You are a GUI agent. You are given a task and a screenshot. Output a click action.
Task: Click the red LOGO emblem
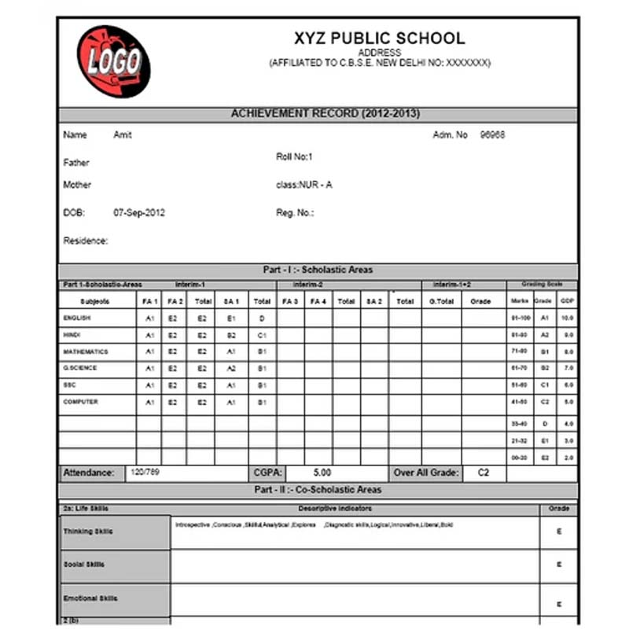click(113, 61)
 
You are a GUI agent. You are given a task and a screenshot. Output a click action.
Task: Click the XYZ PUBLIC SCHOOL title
click(379, 38)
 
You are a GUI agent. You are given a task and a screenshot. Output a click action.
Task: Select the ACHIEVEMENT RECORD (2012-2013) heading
click(325, 114)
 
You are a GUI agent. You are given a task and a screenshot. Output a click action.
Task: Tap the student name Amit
click(123, 135)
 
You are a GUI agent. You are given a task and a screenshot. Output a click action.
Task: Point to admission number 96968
click(492, 135)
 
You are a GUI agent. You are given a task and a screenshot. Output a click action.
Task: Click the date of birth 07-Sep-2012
click(139, 212)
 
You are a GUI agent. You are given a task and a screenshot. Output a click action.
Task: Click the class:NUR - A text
click(303, 185)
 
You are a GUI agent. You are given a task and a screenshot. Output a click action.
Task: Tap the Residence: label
click(86, 241)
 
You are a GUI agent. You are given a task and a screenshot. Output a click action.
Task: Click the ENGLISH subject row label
click(77, 318)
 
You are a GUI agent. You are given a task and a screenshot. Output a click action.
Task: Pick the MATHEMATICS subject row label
click(86, 351)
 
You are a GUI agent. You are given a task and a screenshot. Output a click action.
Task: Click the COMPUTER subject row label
click(80, 402)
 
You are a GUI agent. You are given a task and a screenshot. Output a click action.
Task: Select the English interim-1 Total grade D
click(262, 318)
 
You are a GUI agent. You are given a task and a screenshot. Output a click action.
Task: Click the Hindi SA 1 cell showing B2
click(231, 335)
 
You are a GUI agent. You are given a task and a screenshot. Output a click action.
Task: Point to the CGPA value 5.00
click(322, 473)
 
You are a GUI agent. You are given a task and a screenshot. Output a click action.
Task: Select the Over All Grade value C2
click(484, 473)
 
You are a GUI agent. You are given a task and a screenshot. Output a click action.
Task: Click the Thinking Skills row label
click(88, 532)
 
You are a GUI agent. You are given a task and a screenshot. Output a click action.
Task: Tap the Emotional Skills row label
click(90, 598)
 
